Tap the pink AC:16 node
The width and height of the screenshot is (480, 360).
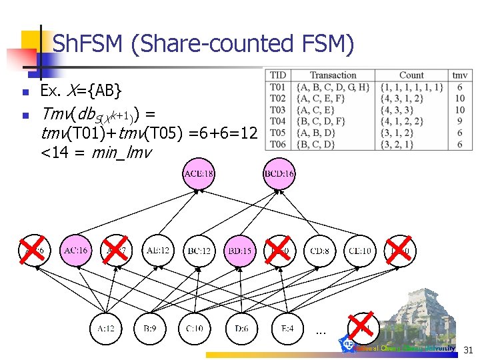(x=76, y=251)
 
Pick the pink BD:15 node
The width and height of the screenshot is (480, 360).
(x=239, y=251)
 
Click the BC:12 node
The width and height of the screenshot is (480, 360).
(x=199, y=251)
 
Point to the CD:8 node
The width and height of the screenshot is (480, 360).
(x=319, y=251)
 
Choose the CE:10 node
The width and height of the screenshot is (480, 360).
(x=360, y=251)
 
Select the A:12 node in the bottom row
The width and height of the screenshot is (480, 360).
(x=107, y=329)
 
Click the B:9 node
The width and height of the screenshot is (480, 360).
(x=150, y=329)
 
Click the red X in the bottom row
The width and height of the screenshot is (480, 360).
(x=361, y=327)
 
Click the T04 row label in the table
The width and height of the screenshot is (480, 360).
(x=277, y=121)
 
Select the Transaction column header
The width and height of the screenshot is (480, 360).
(x=333, y=75)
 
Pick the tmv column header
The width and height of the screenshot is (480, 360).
(x=460, y=75)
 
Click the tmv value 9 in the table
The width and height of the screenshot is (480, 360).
(x=460, y=121)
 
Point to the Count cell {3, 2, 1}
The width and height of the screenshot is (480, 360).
(x=397, y=143)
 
